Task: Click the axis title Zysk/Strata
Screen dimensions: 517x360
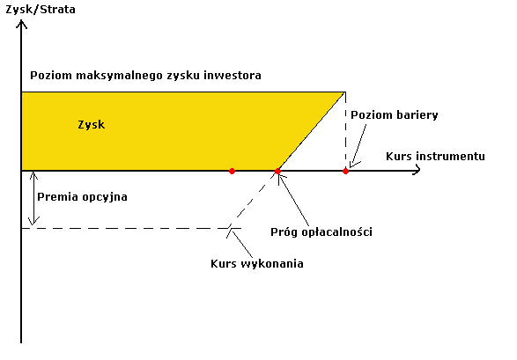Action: (41, 9)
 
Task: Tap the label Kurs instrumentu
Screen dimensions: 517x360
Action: (435, 156)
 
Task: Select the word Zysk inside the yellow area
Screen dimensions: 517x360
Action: (92, 124)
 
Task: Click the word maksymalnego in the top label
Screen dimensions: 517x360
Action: (120, 76)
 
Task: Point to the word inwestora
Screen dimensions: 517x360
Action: (233, 75)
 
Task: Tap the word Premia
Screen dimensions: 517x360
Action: (58, 196)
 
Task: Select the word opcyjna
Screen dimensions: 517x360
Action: (105, 197)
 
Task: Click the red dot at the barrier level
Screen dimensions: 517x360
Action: (345, 171)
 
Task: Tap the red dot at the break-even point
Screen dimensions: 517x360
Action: (277, 171)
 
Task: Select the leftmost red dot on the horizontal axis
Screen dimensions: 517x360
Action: (232, 171)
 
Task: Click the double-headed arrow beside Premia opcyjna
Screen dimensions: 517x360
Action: (33, 198)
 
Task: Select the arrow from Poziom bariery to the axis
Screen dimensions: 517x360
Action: (358, 146)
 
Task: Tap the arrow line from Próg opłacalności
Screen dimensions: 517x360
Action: (293, 200)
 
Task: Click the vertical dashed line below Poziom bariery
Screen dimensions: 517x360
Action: (345, 130)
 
